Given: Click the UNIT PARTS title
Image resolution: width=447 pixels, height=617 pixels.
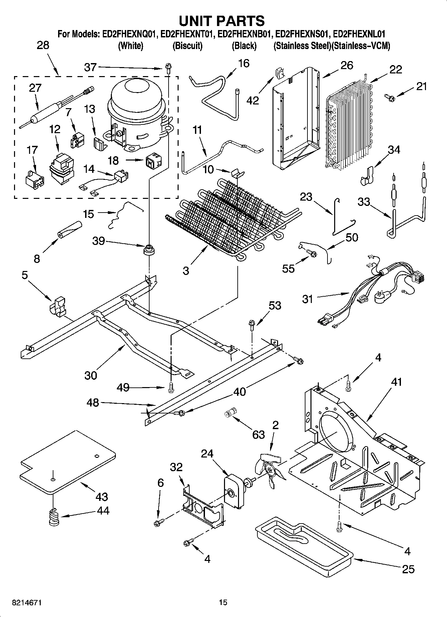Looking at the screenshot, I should coord(222,21).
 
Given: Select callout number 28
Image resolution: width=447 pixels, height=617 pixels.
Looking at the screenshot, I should coord(43,45).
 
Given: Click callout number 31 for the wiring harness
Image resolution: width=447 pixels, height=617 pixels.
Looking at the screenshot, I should coord(307,299).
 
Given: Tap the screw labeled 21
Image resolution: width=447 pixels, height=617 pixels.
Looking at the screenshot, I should coord(390,97).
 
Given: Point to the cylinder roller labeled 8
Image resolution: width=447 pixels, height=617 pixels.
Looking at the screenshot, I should coord(69,230).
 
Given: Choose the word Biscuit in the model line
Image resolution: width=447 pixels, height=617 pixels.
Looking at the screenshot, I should coord(187,46).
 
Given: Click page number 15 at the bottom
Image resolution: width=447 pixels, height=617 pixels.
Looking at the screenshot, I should coord(223,603).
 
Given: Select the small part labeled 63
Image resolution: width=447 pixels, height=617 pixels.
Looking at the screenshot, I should coord(230,412).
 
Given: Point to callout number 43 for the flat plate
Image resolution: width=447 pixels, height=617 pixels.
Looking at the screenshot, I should coord(101,497).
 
